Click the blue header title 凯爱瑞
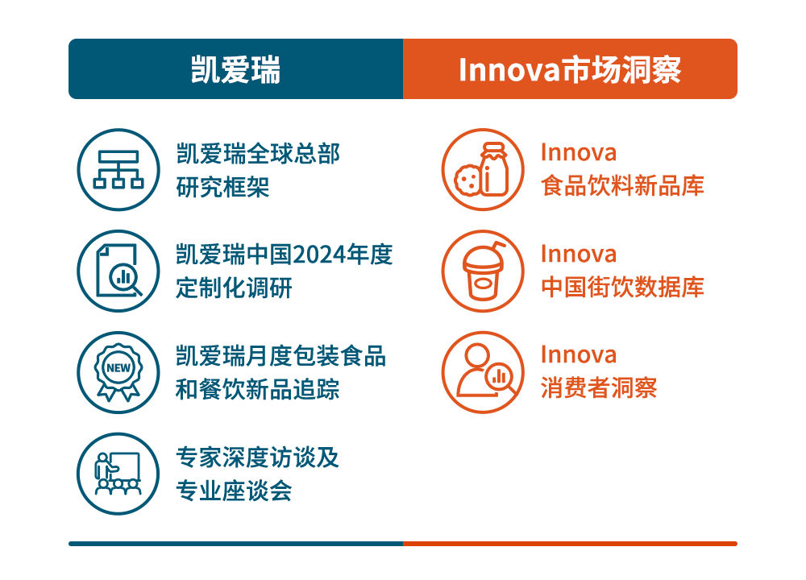click(235, 69)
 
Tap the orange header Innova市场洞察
click(570, 69)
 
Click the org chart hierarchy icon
click(118, 169)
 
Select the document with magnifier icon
click(118, 271)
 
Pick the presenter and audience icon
click(118, 474)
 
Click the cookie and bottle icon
click(483, 169)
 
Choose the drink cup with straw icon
click(483, 271)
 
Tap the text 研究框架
click(222, 187)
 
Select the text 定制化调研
click(234, 288)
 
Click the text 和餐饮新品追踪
click(258, 389)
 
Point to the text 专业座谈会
click(234, 491)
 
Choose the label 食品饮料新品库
click(622, 186)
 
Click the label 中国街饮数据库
click(622, 287)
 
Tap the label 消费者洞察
click(599, 387)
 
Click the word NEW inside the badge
click(118, 368)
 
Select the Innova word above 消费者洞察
click(578, 355)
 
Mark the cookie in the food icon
click(467, 180)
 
